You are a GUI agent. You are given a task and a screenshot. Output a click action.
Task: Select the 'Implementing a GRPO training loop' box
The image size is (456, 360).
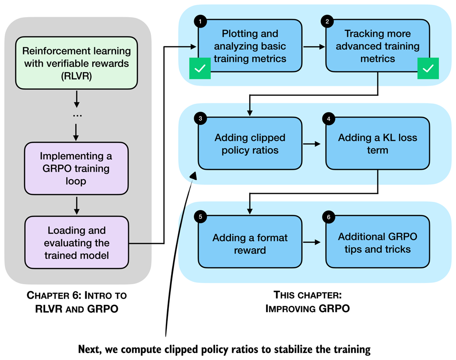point(77,168)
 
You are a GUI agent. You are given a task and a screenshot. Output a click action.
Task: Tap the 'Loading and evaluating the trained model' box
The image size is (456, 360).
point(77,242)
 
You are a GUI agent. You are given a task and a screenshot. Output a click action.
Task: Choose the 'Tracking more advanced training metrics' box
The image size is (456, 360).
point(377,46)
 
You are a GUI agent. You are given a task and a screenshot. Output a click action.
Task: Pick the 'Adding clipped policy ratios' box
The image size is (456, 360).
point(250,144)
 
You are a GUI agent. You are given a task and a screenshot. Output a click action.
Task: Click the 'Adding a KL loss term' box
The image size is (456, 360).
point(377,144)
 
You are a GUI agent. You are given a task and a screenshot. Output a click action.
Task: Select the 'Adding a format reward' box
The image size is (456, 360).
point(250,244)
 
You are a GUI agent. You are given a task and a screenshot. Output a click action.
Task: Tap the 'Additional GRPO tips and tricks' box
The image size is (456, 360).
point(377,243)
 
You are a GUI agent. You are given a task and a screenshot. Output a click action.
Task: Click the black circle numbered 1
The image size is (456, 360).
point(200,21)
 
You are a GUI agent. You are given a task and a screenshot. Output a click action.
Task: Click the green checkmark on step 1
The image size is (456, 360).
point(200,69)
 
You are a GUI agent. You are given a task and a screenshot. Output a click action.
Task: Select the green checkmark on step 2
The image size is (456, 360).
point(428,69)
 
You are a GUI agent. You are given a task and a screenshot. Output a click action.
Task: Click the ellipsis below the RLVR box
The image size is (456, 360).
point(77,115)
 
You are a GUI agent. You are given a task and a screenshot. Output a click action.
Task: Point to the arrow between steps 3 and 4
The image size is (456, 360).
point(313,144)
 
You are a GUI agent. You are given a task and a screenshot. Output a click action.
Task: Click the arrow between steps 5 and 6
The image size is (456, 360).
point(313,242)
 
